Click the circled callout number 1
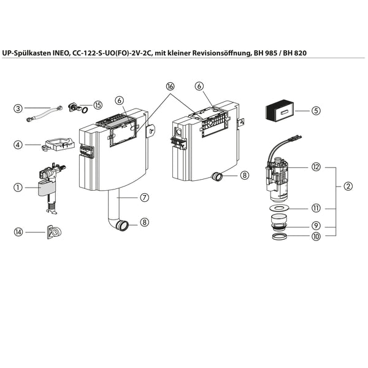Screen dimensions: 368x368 (x=18, y=188)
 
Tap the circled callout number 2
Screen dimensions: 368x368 (x=348, y=185)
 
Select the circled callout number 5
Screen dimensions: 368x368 (x=316, y=111)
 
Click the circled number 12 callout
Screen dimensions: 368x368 (x=316, y=167)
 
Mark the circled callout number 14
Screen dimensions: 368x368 (x=18, y=232)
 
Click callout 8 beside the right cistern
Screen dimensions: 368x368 (x=244, y=175)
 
